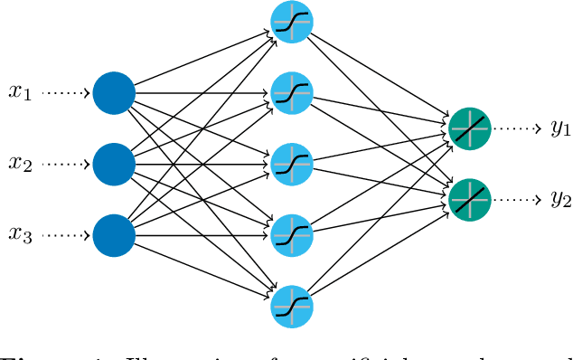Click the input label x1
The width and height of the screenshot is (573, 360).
(x=20, y=92)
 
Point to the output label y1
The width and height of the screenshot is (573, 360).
(x=560, y=128)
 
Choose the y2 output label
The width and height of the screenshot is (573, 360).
(x=560, y=200)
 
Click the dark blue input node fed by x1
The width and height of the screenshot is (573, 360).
(x=114, y=92)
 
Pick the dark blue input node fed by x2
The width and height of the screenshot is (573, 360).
(x=114, y=163)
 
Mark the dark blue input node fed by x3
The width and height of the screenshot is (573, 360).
(x=114, y=233)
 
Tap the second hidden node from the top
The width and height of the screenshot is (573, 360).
(x=291, y=92)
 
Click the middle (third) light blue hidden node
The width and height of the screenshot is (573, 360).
(x=291, y=163)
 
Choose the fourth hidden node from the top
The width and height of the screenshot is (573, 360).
(x=291, y=233)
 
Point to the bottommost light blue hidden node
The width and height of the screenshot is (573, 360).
(x=291, y=305)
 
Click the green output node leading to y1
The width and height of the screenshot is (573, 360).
(x=469, y=128)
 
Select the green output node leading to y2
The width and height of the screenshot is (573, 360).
(x=469, y=198)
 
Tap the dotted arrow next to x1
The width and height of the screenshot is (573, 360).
(x=65, y=92)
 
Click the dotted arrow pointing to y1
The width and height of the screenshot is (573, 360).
(x=516, y=128)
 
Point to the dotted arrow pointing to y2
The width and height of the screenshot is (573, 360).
(x=516, y=198)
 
